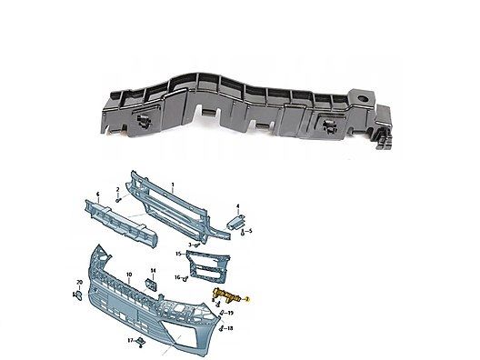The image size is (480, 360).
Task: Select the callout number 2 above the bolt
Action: [117, 188]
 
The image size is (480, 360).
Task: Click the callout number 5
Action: [251, 230]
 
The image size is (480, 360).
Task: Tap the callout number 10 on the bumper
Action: [128, 274]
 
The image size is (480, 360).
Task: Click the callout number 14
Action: [153, 272]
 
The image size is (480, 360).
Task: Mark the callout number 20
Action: [79, 285]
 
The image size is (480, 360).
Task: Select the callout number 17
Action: [130, 341]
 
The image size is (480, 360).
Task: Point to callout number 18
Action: [231, 327]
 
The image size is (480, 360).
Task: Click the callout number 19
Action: [231, 312]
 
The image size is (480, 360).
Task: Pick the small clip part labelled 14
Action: [153, 285]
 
